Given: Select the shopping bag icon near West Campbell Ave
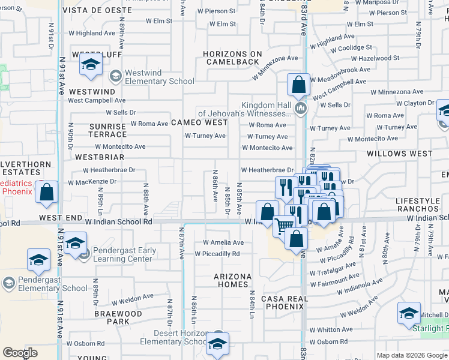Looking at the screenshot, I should (x=298, y=85).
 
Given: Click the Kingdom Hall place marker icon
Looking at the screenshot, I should (x=301, y=109).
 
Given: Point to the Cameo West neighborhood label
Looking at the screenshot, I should (x=199, y=122).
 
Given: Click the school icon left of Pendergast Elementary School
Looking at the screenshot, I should (x=39, y=260).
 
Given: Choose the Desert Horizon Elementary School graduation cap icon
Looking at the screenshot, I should (x=218, y=342).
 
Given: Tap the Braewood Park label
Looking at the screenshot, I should (x=118, y=317).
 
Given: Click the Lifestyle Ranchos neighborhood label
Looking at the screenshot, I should (x=422, y=205).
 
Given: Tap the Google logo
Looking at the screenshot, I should (x=20, y=352).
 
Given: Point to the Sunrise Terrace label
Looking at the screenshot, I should (x=107, y=131).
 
